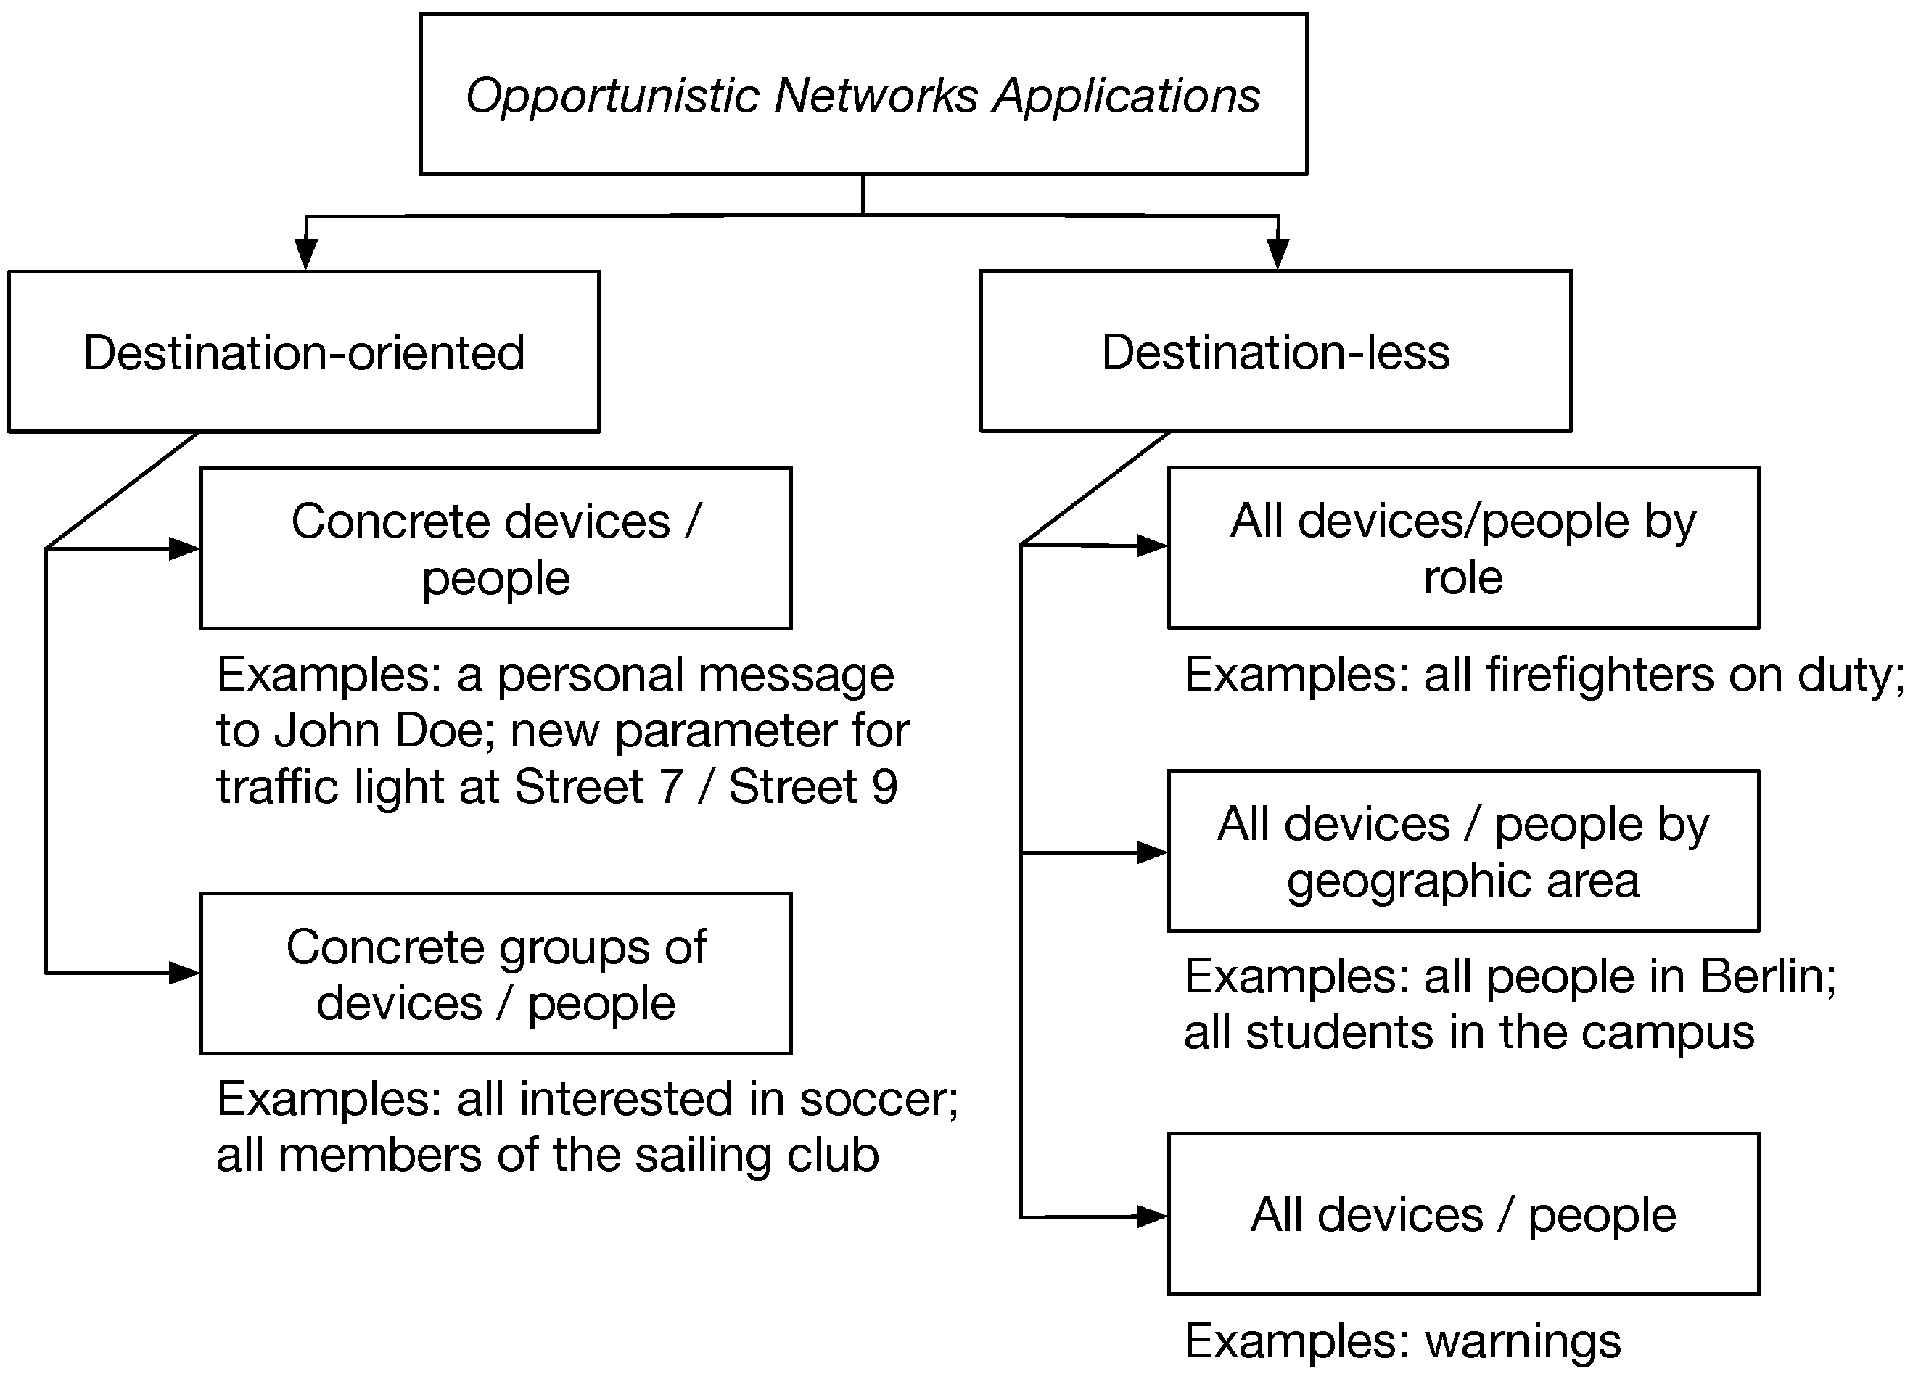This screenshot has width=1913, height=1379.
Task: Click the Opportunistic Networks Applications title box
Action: (863, 94)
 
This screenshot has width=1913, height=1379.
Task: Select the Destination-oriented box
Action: (304, 352)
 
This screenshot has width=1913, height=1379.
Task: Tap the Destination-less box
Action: (1275, 351)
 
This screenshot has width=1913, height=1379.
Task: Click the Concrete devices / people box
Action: (495, 548)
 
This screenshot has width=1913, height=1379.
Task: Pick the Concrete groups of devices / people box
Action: (495, 973)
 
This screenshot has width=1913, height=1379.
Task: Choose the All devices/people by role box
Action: (1462, 548)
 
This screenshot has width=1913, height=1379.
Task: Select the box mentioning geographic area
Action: (1462, 851)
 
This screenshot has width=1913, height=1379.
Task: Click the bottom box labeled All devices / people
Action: (1462, 1214)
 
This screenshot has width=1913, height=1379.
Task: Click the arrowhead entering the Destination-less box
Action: (1278, 254)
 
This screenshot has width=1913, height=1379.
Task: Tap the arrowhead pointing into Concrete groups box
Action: (184, 973)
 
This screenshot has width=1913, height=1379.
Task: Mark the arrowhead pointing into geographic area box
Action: (1151, 852)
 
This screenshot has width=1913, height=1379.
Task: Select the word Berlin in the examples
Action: (1767, 976)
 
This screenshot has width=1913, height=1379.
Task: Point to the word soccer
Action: (877, 1100)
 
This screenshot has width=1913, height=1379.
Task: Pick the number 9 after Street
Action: (884, 787)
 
